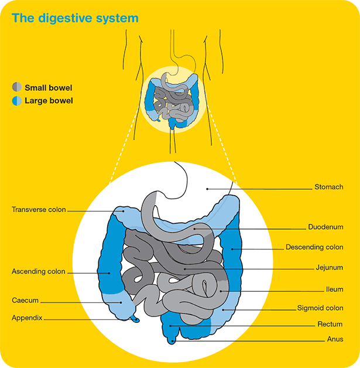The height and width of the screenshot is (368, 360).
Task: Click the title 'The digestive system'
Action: coord(76,18)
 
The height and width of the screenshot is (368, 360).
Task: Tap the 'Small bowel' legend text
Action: coord(49,88)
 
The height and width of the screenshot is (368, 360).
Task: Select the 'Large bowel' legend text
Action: coord(49,101)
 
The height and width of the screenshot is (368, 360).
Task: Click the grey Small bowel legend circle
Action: coord(17,88)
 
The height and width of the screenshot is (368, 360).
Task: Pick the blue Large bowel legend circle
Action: coord(17,101)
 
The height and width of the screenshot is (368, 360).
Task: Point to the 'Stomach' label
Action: coord(328,188)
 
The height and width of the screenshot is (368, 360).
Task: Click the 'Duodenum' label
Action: coord(325,227)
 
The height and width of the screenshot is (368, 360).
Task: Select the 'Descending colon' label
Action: coord(314,247)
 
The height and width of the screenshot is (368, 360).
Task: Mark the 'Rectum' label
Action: coord(330,324)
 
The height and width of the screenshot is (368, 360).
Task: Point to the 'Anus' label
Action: coord(335,339)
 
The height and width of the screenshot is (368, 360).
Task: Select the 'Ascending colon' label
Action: coord(39,272)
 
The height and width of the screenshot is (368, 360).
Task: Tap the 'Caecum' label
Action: coord(25,301)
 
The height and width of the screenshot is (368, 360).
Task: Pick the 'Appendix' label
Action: coord(28,318)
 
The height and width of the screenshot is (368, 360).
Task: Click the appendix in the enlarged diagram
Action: coord(135,319)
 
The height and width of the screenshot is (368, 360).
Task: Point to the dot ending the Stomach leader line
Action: coord(207,189)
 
